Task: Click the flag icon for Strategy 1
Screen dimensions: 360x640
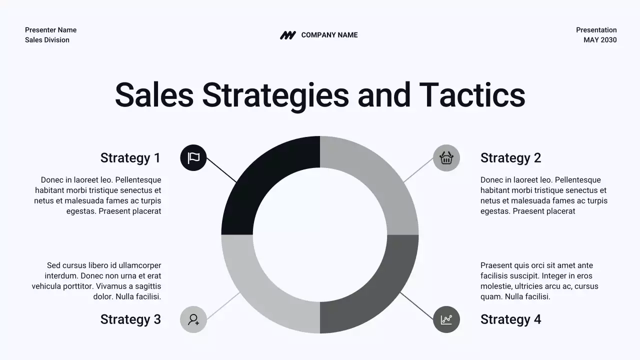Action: pyautogui.click(x=193, y=158)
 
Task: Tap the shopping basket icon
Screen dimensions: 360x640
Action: pyautogui.click(x=446, y=158)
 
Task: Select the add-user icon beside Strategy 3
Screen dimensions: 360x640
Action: pyautogui.click(x=193, y=319)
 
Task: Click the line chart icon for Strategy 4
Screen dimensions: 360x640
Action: pyautogui.click(x=446, y=319)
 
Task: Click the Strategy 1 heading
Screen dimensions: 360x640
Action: pyautogui.click(x=130, y=158)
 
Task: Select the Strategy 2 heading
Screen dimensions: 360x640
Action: pyautogui.click(x=510, y=158)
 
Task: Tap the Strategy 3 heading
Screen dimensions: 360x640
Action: pyautogui.click(x=130, y=319)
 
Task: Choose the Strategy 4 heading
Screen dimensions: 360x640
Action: pyautogui.click(x=510, y=319)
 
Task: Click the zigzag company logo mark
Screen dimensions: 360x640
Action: pyautogui.click(x=287, y=35)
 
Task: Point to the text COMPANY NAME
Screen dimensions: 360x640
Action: pyautogui.click(x=329, y=35)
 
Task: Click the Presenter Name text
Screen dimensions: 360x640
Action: pyautogui.click(x=50, y=30)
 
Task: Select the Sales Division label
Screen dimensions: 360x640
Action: pyautogui.click(x=47, y=40)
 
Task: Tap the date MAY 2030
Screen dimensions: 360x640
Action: pyautogui.click(x=600, y=40)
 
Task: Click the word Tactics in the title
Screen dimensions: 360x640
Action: pyautogui.click(x=472, y=95)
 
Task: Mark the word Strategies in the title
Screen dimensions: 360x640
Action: pyautogui.click(x=275, y=95)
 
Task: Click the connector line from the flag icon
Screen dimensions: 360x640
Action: pyautogui.click(x=221, y=170)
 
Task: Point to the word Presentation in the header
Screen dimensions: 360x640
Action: pyautogui.click(x=596, y=30)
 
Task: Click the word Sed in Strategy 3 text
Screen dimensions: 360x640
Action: pyautogui.click(x=53, y=265)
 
